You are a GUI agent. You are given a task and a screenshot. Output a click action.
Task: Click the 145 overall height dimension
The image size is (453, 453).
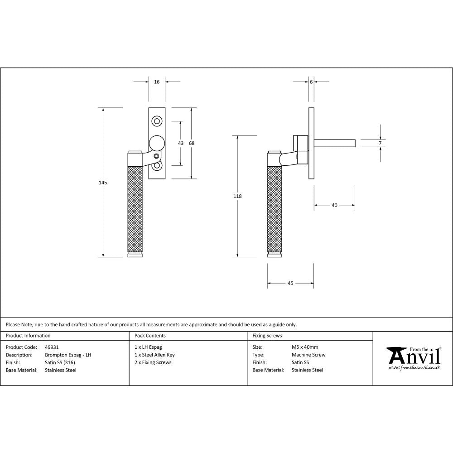[103, 183]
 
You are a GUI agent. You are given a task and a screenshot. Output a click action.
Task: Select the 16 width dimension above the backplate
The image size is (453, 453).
[157, 82]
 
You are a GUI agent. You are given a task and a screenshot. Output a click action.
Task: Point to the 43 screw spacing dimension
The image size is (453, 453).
[181, 143]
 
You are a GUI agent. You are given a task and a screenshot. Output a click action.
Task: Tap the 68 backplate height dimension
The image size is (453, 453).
[192, 143]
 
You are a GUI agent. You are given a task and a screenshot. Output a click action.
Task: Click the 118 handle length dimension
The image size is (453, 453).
[237, 196]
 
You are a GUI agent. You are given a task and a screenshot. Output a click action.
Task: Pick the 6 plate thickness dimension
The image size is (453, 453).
[311, 82]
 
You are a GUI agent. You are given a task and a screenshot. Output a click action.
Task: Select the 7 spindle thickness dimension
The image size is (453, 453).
[380, 143]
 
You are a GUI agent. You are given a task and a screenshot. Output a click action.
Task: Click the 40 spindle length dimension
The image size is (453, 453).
[334, 205]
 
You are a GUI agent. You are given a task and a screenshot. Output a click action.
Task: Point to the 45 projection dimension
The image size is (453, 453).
[290, 283]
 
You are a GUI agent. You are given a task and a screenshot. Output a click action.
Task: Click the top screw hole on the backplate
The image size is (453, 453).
[157, 121]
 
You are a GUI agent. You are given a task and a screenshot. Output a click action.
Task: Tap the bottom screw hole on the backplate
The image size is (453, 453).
[157, 166]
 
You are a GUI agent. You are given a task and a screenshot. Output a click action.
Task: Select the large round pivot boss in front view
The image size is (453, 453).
[157, 143]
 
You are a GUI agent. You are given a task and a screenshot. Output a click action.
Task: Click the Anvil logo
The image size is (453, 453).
[413, 358]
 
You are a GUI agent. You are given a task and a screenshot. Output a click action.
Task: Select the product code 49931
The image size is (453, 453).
[52, 347]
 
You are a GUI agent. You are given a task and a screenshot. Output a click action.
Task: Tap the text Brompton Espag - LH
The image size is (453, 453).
[68, 355]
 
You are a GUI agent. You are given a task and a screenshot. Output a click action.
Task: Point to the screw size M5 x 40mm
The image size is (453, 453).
[305, 347]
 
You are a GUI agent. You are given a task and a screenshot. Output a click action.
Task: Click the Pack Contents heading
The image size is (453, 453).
[150, 336]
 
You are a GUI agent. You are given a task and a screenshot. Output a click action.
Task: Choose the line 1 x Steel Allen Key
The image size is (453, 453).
[154, 355]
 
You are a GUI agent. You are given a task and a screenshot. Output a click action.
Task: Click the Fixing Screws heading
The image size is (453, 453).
[267, 336]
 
